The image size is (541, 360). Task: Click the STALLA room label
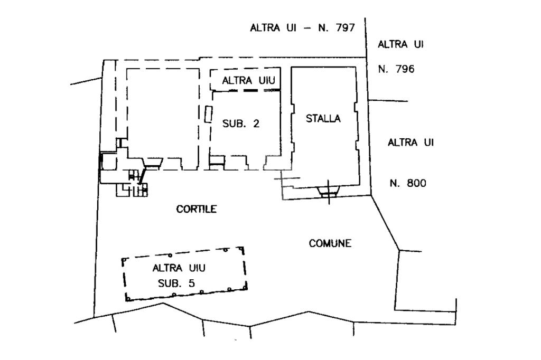pyautogui.click(x=323, y=119)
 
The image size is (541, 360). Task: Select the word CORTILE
pyautogui.click(x=197, y=209)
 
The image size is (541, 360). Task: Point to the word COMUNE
pyautogui.click(x=330, y=243)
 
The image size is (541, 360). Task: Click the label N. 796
pyautogui.click(x=396, y=69)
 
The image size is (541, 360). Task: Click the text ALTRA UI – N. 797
pyautogui.click(x=302, y=28)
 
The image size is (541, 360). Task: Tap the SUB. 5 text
pyautogui.click(x=176, y=283)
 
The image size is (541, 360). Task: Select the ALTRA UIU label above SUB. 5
pyautogui.click(x=176, y=268)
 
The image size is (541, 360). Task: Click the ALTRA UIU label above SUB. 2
pyautogui.click(x=246, y=81)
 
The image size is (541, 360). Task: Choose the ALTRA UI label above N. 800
pyautogui.click(x=411, y=143)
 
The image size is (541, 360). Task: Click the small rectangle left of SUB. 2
pyautogui.click(x=208, y=115)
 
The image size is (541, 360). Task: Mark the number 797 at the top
pyautogui.click(x=344, y=28)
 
